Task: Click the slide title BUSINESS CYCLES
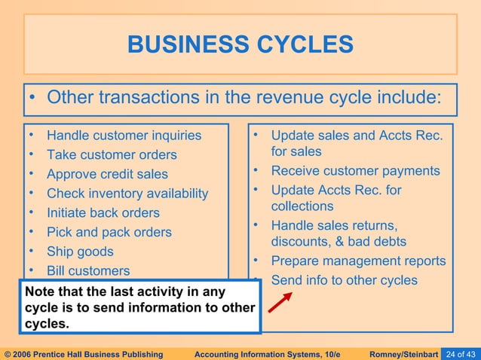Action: point(240,45)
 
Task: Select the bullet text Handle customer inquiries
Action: point(124,136)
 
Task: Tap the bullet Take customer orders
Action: point(112,155)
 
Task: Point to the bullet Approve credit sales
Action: point(107,175)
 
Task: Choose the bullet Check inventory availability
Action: point(127,194)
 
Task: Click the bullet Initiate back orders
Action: point(103,213)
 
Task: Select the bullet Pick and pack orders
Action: point(109,233)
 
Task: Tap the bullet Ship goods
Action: point(80,252)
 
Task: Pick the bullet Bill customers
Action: point(88,271)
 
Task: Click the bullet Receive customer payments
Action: point(355,171)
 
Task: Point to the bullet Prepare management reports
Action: point(358,261)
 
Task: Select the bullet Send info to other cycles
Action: point(344,280)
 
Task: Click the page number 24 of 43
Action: point(460,354)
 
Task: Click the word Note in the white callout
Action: point(41,291)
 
